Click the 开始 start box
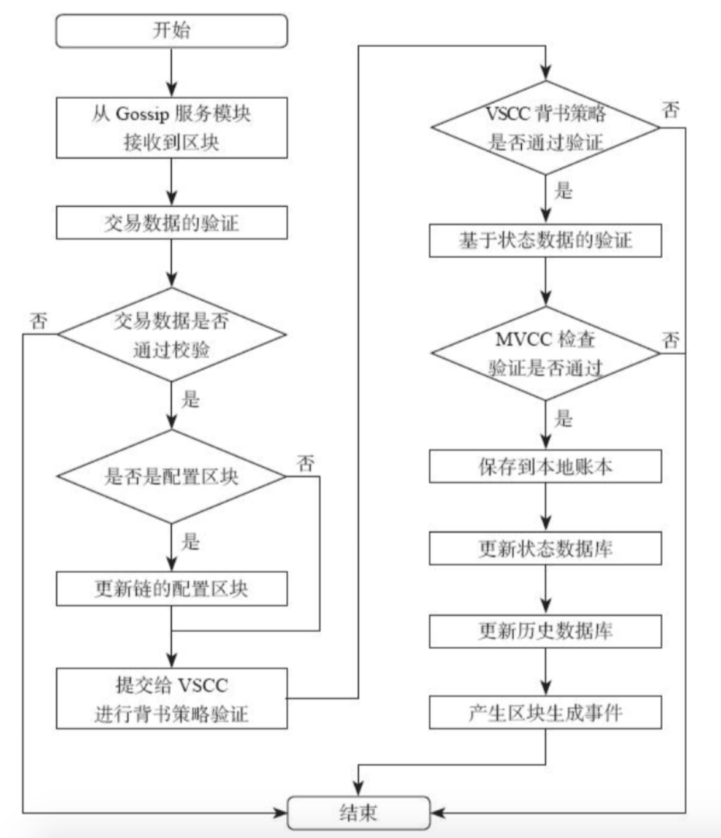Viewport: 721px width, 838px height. pyautogui.click(x=171, y=31)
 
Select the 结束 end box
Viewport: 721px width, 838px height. pyautogui.click(x=359, y=813)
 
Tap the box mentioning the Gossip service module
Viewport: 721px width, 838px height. pyautogui.click(x=171, y=128)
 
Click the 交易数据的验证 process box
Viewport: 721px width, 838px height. pyautogui.click(x=171, y=222)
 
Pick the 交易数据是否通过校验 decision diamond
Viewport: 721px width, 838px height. pyautogui.click(x=171, y=334)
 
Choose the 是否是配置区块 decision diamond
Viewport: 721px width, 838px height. pyautogui.click(x=171, y=476)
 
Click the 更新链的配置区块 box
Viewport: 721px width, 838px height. pyautogui.click(x=171, y=589)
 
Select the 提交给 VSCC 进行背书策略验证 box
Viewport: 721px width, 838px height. pyautogui.click(x=171, y=699)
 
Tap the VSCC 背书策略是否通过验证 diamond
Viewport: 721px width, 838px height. pyautogui.click(x=545, y=128)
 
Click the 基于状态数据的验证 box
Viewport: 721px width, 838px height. pyautogui.click(x=545, y=240)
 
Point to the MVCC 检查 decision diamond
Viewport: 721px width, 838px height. pyautogui.click(x=545, y=353)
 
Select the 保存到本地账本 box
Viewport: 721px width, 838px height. pyautogui.click(x=545, y=467)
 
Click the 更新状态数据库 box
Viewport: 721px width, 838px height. pyautogui.click(x=545, y=548)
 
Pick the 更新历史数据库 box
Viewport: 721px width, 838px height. pyautogui.click(x=545, y=631)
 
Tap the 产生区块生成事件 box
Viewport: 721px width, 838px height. pyautogui.click(x=545, y=713)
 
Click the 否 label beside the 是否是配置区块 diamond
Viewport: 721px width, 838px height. pyautogui.click(x=306, y=463)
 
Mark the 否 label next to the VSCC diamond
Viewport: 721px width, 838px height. pyautogui.click(x=671, y=110)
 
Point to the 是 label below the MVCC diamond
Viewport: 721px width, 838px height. pyautogui.click(x=563, y=419)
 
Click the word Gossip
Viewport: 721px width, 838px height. pyautogui.click(x=144, y=114)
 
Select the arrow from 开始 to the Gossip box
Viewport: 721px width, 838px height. pyautogui.click(x=172, y=72)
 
